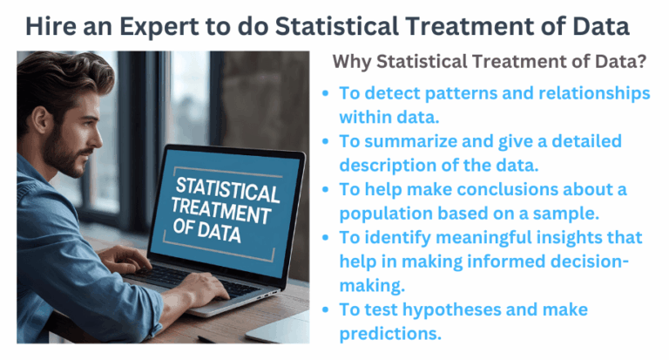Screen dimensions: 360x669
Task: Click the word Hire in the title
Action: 51,26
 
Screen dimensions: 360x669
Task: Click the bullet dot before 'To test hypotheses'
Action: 325,310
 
